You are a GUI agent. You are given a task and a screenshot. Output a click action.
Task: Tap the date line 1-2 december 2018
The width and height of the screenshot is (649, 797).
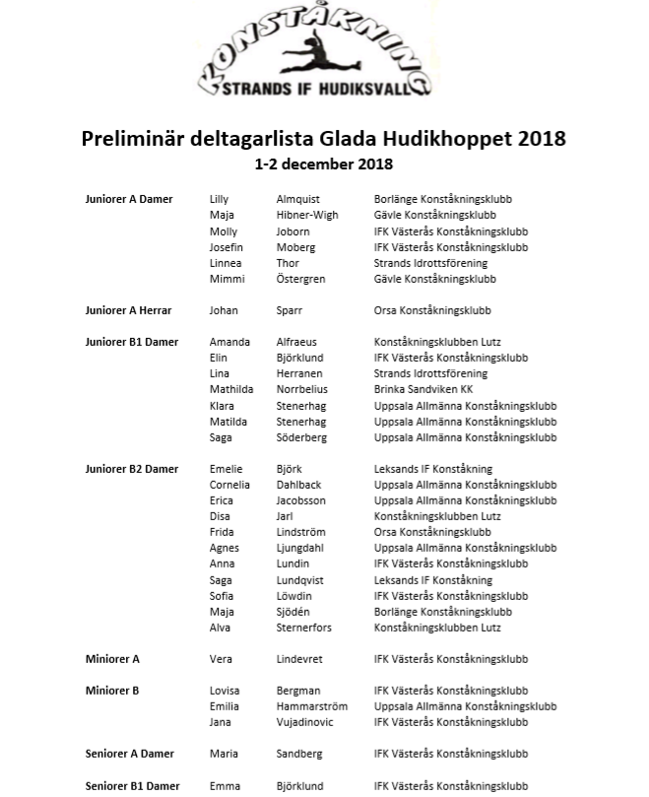click(x=323, y=164)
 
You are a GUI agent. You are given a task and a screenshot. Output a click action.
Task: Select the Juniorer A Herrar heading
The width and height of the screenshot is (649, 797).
click(x=128, y=310)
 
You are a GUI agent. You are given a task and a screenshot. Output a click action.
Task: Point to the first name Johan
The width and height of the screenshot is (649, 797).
click(x=224, y=310)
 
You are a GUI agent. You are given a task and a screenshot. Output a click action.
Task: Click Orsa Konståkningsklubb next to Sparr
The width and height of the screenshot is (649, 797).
click(x=432, y=310)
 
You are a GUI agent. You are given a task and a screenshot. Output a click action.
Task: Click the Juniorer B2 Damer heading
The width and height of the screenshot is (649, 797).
click(x=132, y=469)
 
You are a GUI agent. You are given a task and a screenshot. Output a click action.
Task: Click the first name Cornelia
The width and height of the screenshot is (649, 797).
click(x=229, y=485)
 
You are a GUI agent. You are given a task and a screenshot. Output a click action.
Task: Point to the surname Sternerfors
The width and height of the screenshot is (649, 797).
click(x=303, y=628)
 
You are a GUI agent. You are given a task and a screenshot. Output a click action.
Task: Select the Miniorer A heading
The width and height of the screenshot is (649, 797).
click(x=112, y=659)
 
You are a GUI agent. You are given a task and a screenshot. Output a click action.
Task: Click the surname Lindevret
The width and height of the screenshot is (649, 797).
click(x=299, y=659)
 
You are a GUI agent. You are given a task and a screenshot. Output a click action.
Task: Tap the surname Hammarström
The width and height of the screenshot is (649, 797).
click(x=311, y=706)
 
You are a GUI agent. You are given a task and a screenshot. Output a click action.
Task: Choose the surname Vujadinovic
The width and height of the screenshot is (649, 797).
click(x=304, y=722)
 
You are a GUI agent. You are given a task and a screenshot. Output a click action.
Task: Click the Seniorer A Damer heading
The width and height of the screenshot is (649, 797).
click(x=129, y=754)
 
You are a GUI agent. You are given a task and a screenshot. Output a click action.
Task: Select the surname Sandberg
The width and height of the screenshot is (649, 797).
click(x=299, y=754)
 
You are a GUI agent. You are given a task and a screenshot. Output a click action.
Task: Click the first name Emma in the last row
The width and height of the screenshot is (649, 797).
click(x=225, y=786)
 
